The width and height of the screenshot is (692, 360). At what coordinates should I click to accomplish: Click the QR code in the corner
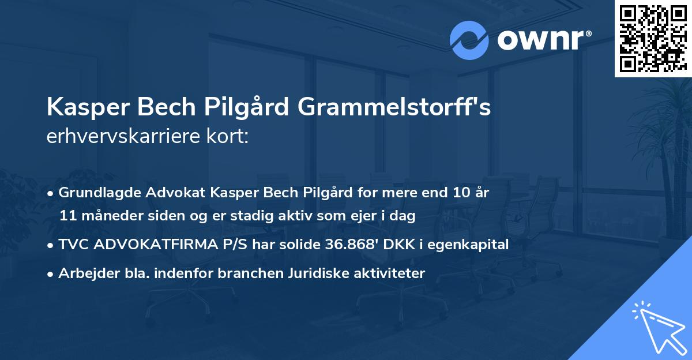(653, 38)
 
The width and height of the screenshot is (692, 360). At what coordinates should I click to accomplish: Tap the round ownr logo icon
(469, 40)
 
